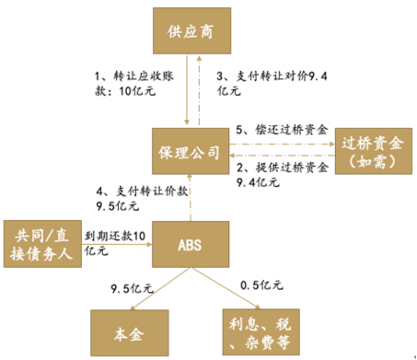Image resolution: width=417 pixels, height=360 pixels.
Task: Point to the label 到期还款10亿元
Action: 114,242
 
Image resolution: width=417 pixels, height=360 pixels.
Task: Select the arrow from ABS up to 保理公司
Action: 190,197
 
